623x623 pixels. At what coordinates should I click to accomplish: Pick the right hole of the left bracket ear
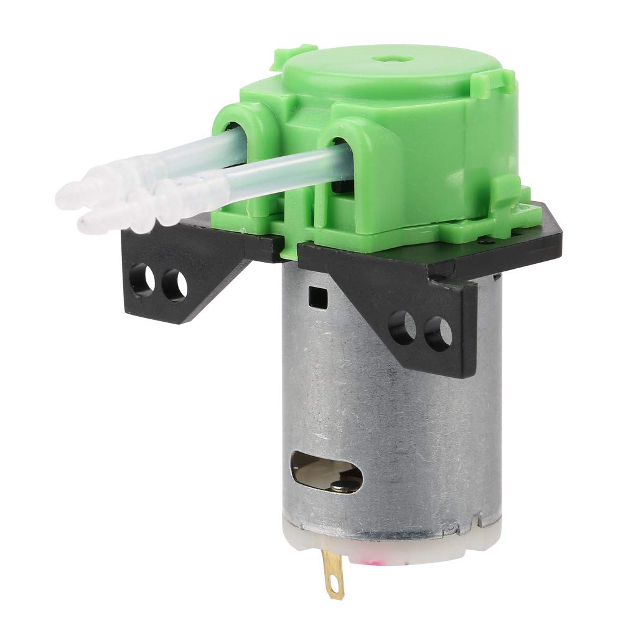point(174,284)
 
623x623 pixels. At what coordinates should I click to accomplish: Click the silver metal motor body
point(398,423)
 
